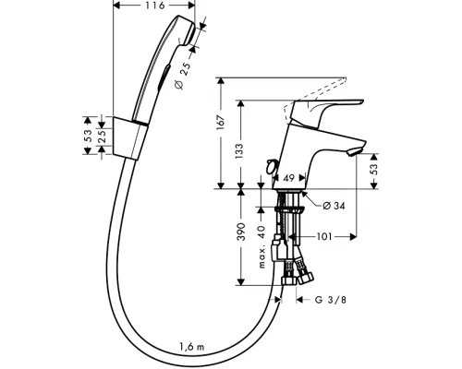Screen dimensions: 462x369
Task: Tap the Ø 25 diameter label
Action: (x=183, y=76)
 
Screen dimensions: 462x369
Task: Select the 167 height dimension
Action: (x=221, y=122)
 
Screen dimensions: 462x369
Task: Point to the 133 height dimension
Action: (x=239, y=151)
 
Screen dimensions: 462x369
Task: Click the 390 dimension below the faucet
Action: (x=241, y=232)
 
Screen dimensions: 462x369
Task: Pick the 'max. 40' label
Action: (x=261, y=246)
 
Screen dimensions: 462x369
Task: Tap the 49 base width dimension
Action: (x=288, y=178)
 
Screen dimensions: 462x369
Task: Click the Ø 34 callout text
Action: (x=334, y=206)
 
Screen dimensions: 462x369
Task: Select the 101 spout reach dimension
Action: (x=324, y=237)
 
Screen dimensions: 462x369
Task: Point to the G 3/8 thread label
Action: (x=331, y=300)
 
